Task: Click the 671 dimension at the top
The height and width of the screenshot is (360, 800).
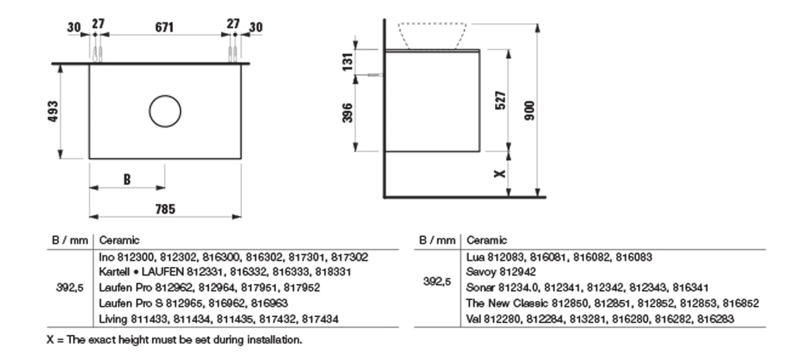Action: click(x=164, y=27)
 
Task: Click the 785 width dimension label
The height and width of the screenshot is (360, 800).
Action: click(x=165, y=209)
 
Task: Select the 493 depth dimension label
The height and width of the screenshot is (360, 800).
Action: click(x=53, y=111)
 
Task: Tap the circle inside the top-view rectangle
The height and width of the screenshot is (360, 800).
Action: click(x=165, y=111)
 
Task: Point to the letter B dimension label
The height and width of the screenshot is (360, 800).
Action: click(x=127, y=180)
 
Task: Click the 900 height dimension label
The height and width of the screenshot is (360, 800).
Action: click(x=529, y=111)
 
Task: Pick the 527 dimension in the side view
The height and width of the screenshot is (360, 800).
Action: click(x=500, y=100)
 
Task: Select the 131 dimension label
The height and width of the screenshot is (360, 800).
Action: click(x=348, y=62)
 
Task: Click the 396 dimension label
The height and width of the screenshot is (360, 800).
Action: click(x=348, y=113)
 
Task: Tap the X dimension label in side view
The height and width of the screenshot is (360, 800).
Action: click(x=500, y=174)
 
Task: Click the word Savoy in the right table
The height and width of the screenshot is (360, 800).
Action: click(x=481, y=272)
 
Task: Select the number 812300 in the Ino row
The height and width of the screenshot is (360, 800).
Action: click(x=136, y=257)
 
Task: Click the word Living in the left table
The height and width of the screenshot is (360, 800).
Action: click(x=113, y=319)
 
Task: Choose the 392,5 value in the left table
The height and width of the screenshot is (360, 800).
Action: click(x=70, y=288)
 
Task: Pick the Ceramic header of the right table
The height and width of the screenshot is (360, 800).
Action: click(x=486, y=240)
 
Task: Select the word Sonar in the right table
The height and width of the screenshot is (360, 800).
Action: click(x=480, y=288)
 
